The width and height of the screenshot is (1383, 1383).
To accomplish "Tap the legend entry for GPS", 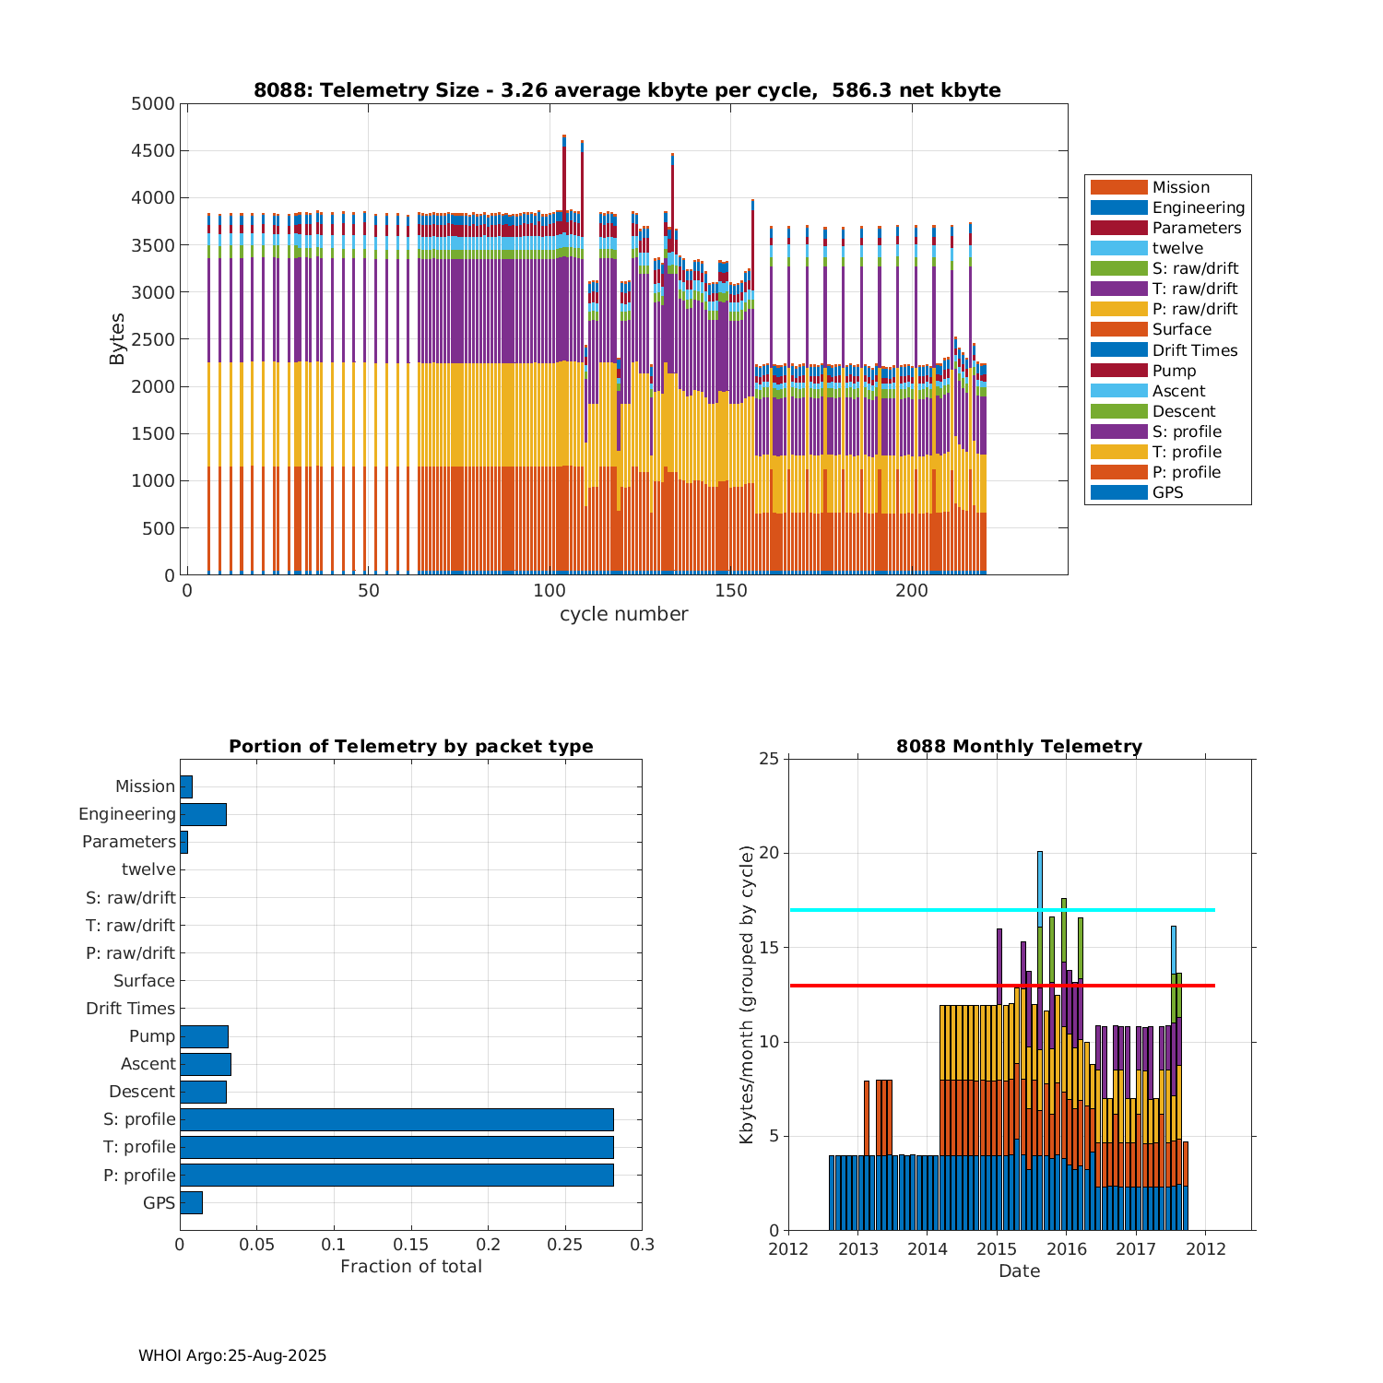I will click(x=1167, y=492).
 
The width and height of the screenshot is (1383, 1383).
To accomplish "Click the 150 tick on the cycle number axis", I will click(x=731, y=591).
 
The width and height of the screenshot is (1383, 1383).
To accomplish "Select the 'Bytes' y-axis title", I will click(x=117, y=339).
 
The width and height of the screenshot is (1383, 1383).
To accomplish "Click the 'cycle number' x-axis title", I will click(x=623, y=615).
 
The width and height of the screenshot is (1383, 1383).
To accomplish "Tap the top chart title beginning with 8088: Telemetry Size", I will click(x=627, y=90).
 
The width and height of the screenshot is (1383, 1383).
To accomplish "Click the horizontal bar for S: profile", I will click(x=396, y=1119).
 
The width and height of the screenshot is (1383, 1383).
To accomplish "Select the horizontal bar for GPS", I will click(x=191, y=1202).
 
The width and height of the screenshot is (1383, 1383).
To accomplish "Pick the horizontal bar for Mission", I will click(x=186, y=786).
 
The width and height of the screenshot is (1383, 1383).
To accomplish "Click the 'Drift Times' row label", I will click(x=130, y=1009).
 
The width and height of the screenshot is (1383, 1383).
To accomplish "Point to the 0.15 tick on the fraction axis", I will click(x=411, y=1245).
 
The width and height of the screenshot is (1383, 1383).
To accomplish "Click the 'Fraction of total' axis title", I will click(x=411, y=1267).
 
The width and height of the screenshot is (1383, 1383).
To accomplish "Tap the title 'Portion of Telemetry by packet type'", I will click(x=411, y=747).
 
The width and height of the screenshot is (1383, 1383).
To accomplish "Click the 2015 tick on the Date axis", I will click(x=997, y=1249).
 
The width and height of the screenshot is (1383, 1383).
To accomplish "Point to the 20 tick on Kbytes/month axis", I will click(x=769, y=854).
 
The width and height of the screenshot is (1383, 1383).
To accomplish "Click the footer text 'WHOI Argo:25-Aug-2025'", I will click(x=232, y=1356).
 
